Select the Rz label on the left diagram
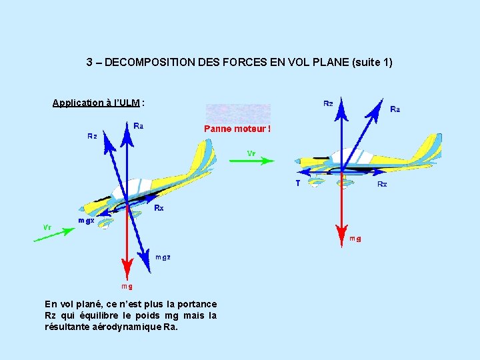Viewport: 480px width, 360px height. (93, 136)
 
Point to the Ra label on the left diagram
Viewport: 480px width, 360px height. (138, 125)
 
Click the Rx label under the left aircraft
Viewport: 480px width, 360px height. (159, 208)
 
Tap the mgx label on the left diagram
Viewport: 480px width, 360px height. (86, 220)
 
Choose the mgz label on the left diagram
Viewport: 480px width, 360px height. (163, 257)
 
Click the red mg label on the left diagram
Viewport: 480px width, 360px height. (126, 286)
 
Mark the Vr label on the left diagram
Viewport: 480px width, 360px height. (47, 227)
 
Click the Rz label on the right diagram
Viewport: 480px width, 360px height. (328, 103)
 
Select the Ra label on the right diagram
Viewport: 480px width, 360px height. (395, 109)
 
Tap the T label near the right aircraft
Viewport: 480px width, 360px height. (297, 183)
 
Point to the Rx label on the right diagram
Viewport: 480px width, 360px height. (382, 183)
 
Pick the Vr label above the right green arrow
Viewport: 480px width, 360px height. (251, 153)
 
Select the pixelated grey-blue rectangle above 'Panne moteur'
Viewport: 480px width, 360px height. (238, 113)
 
